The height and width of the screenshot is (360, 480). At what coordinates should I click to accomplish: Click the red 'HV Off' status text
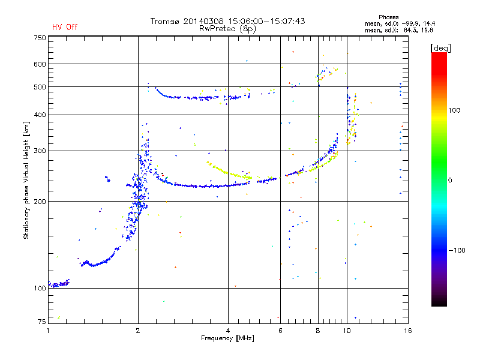[x=65, y=27]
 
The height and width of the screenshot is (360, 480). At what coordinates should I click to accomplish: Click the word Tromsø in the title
[x=164, y=21]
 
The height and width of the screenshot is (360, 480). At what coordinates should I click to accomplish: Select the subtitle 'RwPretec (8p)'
[x=227, y=29]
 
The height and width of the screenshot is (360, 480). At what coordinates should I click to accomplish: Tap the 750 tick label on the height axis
[x=40, y=38]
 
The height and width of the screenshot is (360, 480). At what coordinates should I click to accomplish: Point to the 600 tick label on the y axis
[x=40, y=64]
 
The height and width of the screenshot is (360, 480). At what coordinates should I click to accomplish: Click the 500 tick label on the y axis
[x=40, y=87]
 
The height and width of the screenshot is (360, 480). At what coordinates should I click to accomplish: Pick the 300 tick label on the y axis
[x=40, y=151]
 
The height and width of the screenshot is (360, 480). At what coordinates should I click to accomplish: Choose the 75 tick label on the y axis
[x=42, y=322]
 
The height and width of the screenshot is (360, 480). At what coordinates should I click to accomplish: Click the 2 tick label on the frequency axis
[x=138, y=331]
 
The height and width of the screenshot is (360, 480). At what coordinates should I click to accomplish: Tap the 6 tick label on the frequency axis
[x=280, y=331]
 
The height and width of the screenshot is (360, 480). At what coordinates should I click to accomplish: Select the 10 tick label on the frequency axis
[x=347, y=331]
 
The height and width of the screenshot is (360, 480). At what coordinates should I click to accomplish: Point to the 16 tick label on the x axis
[x=408, y=331]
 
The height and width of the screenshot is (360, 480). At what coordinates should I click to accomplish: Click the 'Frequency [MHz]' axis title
[x=227, y=338]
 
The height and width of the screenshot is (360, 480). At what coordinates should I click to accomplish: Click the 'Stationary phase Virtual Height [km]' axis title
[x=26, y=180]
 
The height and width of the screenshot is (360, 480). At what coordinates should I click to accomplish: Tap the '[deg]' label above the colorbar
[x=440, y=48]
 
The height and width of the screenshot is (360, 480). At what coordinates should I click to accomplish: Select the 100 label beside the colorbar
[x=454, y=110]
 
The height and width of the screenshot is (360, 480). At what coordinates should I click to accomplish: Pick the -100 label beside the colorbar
[x=457, y=250]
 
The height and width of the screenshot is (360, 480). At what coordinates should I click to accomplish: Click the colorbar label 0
[x=450, y=181]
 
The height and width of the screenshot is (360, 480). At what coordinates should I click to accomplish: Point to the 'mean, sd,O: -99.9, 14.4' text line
[x=400, y=24]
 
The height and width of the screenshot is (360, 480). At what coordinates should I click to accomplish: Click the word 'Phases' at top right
[x=388, y=17]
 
